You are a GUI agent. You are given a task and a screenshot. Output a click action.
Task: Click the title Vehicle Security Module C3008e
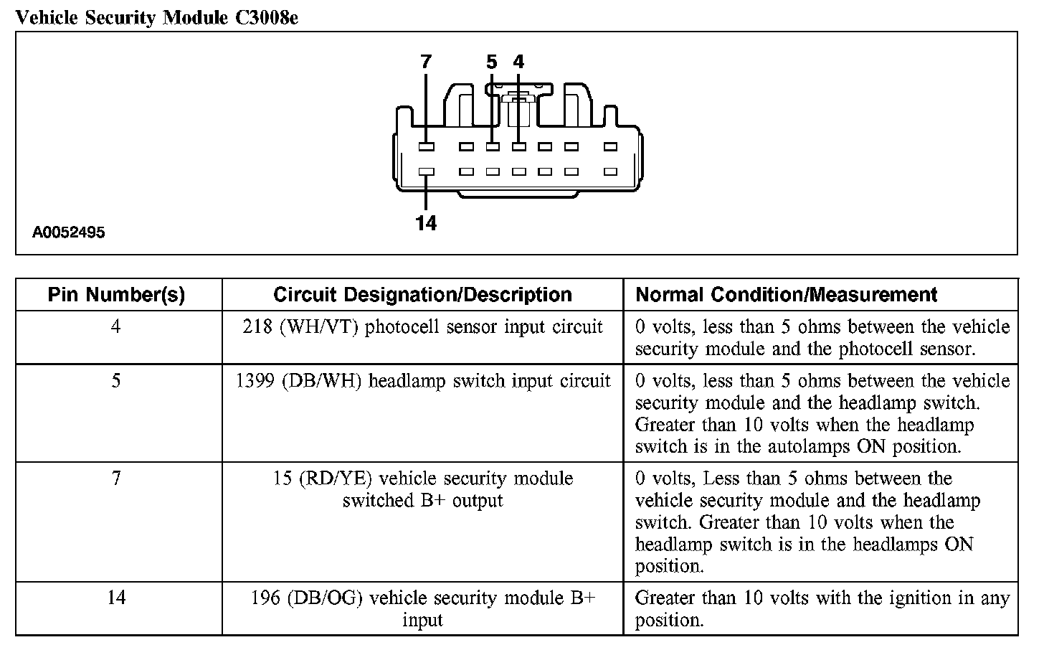click(x=156, y=17)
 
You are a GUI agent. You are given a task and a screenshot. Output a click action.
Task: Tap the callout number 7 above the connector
click(x=426, y=62)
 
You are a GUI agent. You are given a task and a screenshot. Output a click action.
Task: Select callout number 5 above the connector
click(x=491, y=62)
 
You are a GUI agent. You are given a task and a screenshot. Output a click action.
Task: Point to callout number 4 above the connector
click(x=518, y=62)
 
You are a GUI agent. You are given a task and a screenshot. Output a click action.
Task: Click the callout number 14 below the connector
click(x=426, y=223)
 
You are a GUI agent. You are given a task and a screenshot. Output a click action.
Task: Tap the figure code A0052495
click(x=69, y=232)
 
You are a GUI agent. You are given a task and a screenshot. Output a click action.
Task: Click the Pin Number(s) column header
click(x=116, y=295)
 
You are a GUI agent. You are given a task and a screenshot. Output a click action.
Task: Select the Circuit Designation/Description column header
click(x=422, y=295)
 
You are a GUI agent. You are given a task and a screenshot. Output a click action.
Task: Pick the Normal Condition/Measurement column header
click(x=787, y=295)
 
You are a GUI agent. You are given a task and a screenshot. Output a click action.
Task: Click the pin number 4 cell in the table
click(x=116, y=327)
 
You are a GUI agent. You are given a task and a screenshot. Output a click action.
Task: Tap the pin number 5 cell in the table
click(x=116, y=381)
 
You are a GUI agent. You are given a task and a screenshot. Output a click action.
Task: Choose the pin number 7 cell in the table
click(x=116, y=479)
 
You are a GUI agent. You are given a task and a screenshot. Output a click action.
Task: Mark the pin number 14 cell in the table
click(x=116, y=598)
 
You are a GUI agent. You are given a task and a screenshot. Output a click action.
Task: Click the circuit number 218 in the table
click(x=257, y=327)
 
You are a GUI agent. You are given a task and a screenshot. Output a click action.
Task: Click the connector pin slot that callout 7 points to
click(x=426, y=146)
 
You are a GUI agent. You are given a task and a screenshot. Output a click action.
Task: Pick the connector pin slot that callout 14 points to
click(x=426, y=172)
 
